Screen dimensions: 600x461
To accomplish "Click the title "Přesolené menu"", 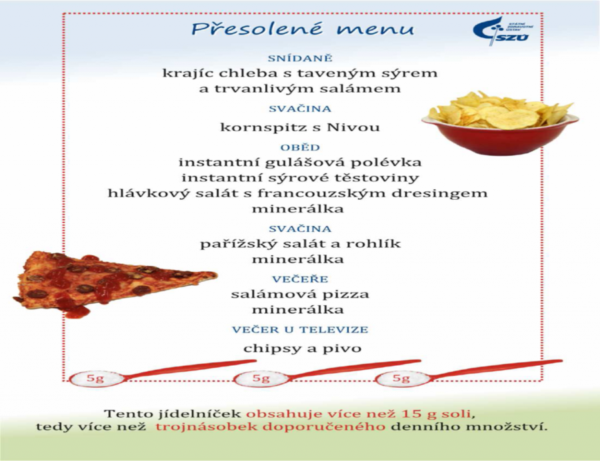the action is point(302,29).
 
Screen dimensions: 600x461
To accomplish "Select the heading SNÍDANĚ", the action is point(300,59).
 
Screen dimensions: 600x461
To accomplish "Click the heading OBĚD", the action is point(300,147).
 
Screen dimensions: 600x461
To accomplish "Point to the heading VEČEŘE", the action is point(300,279).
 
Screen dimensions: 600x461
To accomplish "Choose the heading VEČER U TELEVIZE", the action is point(300,330).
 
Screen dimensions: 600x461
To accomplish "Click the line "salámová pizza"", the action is point(300,294).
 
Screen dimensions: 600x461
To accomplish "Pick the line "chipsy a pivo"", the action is point(302,348).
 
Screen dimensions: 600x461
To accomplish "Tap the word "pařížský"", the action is point(233,244).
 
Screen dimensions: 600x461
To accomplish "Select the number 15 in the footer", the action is point(411,414).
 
